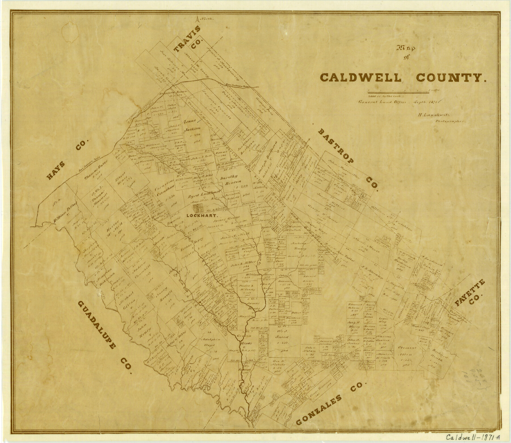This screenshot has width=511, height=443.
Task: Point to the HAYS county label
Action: (x=68, y=159)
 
